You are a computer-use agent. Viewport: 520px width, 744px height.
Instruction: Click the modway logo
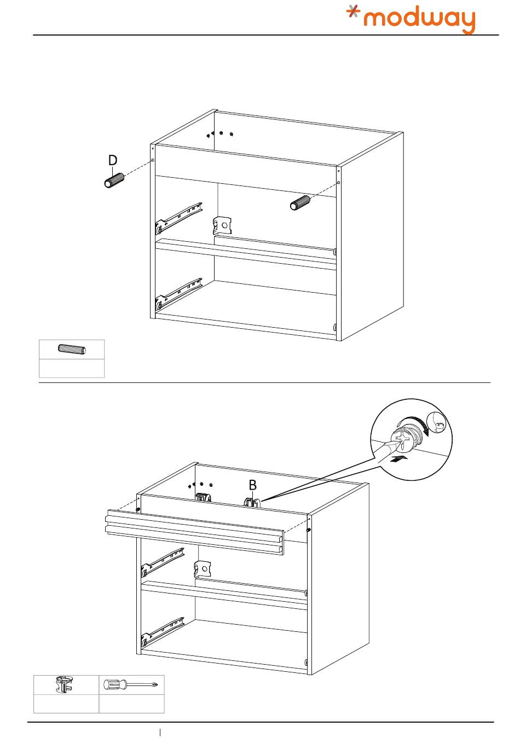412,20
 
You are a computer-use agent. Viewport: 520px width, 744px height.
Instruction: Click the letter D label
112,160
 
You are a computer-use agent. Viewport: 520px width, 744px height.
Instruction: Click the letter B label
252,485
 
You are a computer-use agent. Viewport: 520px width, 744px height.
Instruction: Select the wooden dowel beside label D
114,180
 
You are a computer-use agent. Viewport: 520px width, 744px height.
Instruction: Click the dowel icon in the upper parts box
71,350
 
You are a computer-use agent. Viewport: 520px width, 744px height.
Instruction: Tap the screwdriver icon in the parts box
131,684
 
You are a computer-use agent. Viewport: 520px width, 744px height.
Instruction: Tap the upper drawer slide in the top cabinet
180,216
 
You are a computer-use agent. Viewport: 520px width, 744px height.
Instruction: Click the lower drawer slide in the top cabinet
180,293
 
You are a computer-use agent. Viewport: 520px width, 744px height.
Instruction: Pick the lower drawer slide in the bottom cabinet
163,630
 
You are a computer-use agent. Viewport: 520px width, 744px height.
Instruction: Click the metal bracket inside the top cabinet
223,224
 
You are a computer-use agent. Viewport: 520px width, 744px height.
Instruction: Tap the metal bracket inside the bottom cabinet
202,569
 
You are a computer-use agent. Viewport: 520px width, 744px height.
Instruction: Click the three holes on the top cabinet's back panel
221,133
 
